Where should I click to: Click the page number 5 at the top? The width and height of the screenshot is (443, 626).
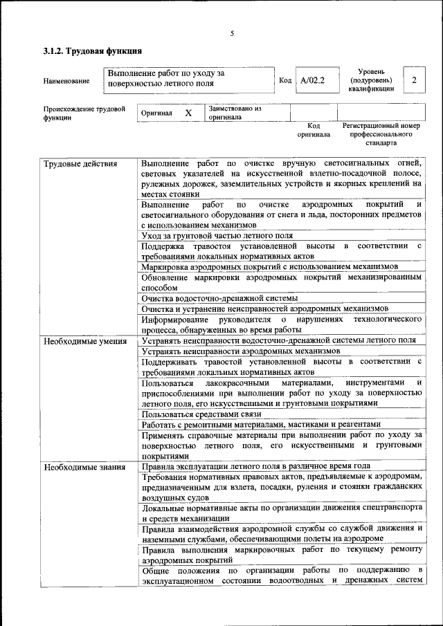tap(232, 34)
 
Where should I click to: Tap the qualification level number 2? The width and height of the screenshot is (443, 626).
tap(414, 80)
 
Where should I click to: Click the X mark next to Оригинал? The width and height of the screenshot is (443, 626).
tap(188, 112)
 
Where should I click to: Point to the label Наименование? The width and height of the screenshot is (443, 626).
tap(66, 82)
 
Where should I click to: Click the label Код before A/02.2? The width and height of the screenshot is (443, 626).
tap(284, 81)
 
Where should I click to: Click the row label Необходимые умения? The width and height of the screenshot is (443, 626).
tap(84, 341)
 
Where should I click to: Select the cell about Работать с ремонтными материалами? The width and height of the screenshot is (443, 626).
tap(261, 424)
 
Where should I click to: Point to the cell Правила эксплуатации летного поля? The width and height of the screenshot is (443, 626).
tap(251, 466)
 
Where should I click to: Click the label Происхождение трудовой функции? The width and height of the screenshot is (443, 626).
tap(84, 113)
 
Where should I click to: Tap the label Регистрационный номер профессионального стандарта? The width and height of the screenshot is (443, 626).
tap(381, 134)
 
